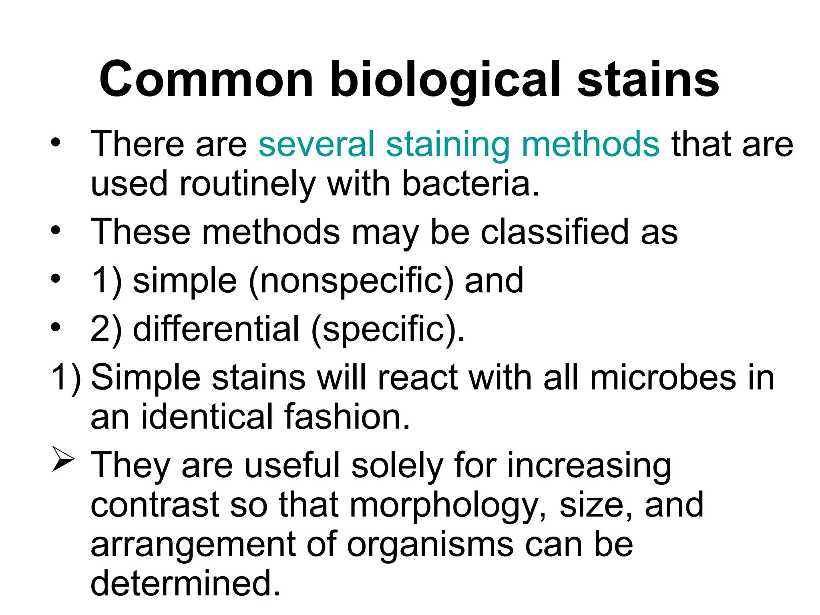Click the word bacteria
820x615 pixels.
[470, 184]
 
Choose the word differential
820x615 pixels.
[216, 329]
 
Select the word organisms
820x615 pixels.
[430, 545]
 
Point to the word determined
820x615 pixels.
[185, 584]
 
